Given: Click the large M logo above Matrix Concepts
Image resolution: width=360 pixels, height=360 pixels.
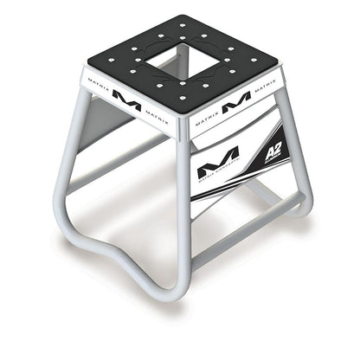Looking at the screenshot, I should (218, 162).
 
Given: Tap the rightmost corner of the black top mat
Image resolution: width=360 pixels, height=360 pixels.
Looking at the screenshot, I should (278, 61).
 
